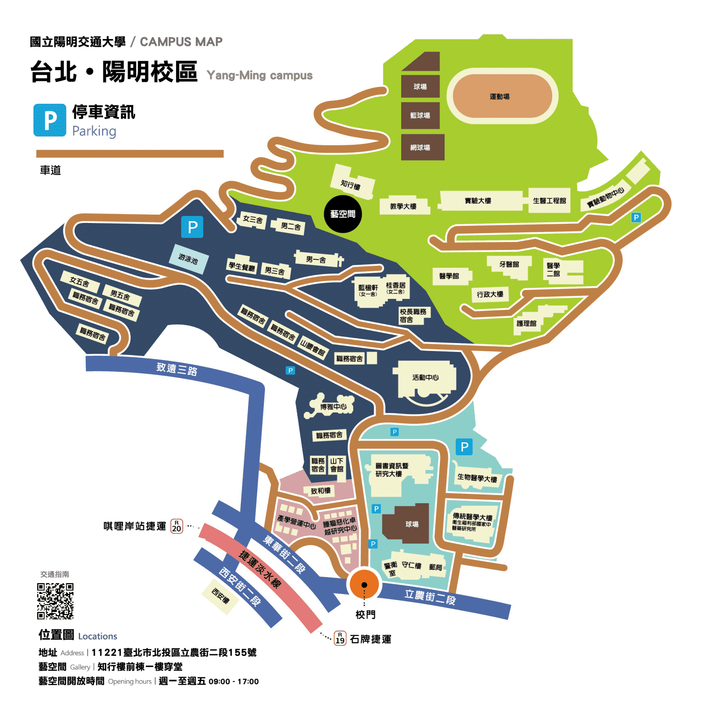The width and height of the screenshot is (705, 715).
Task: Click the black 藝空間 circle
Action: (x=342, y=214)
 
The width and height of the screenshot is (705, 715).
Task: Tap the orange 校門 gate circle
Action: (x=364, y=585)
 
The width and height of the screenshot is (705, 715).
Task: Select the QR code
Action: (x=55, y=600)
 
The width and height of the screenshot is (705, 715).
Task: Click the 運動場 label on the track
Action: (x=500, y=97)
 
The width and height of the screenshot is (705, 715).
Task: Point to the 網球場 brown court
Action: (x=420, y=148)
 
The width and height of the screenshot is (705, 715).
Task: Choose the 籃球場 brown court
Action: (x=420, y=115)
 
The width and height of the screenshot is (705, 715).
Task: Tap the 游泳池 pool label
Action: (x=188, y=259)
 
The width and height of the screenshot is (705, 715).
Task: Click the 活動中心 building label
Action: (x=425, y=378)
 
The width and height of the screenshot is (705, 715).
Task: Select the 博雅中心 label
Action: (x=333, y=407)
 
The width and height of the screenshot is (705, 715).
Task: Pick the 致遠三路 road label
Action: (x=177, y=369)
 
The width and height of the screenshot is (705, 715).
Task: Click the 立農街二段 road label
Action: (x=430, y=597)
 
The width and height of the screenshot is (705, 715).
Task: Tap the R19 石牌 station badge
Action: (x=340, y=638)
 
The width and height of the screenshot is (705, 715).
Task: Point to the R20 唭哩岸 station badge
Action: (x=177, y=526)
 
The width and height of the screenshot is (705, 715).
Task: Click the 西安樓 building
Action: (x=220, y=596)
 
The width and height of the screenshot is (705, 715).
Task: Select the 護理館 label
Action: (x=527, y=323)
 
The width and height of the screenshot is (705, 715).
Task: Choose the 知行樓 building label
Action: (x=350, y=185)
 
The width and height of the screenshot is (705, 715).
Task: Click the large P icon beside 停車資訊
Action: (x=50, y=121)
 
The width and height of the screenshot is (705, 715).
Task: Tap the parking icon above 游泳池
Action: (x=192, y=227)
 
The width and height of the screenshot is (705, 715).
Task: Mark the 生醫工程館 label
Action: (x=549, y=201)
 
